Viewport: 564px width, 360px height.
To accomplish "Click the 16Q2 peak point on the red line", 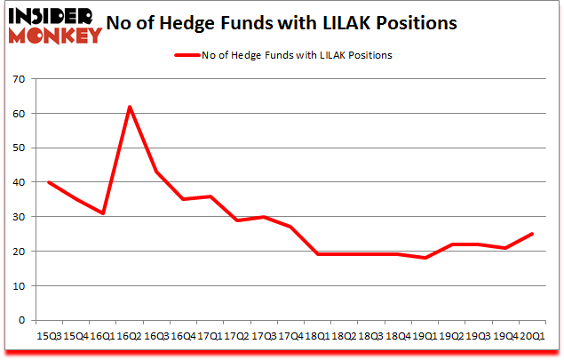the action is point(130,107).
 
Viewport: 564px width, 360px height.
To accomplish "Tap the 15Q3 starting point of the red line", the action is point(49,182).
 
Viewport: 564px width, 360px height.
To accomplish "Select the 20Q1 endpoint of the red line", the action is point(532,234).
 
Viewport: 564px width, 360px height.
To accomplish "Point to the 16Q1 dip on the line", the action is point(103,213).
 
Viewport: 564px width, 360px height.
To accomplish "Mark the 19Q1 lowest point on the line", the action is point(425,258).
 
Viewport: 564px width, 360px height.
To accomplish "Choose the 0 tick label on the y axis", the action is point(22,320).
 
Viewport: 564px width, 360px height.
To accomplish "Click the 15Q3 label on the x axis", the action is point(49,336).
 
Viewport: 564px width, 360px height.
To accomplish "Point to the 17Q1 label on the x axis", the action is point(211,336).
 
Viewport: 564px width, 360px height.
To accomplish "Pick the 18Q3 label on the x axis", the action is point(371,336).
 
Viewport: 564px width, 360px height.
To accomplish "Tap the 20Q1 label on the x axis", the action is point(532,336).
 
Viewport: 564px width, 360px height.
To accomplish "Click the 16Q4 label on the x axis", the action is point(184,336).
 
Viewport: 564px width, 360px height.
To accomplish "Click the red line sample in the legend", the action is point(187,55).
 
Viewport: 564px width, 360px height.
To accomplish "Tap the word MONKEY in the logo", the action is point(55,35).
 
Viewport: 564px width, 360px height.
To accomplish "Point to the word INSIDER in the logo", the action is point(51,17).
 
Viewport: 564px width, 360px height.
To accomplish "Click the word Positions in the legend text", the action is point(370,55).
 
